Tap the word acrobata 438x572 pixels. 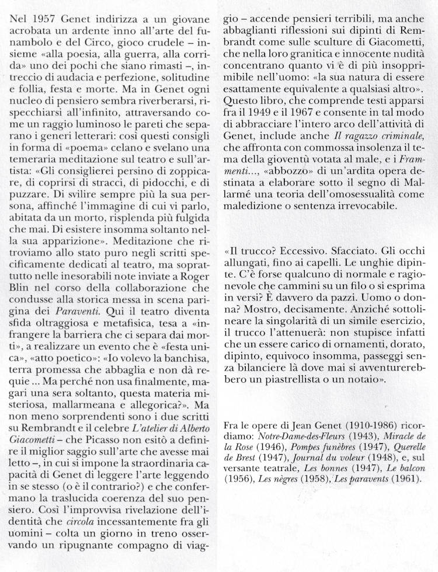32,34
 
